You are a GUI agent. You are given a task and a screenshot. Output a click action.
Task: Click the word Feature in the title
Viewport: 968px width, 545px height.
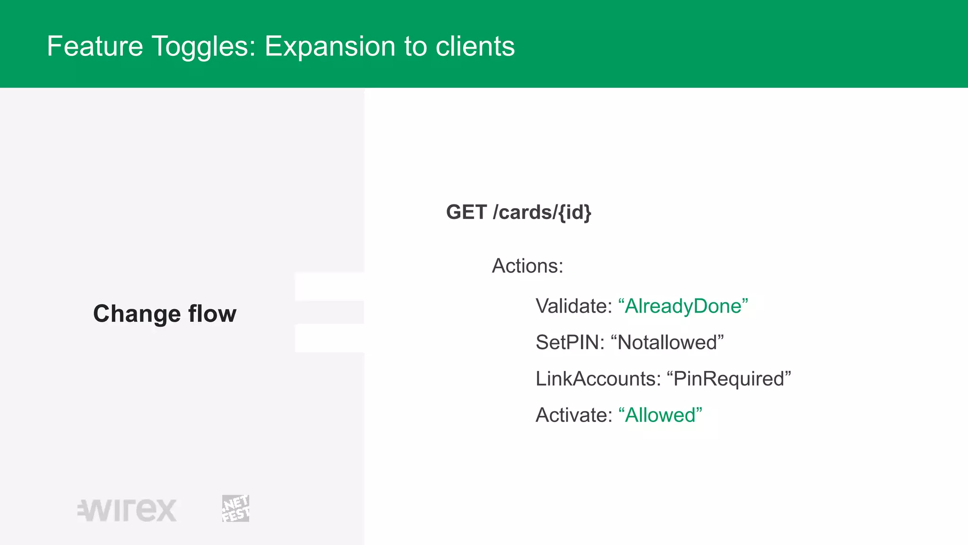95,46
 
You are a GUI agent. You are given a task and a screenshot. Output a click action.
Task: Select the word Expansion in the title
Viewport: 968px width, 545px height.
329,47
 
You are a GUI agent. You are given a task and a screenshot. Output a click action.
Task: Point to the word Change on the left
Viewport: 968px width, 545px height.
137,314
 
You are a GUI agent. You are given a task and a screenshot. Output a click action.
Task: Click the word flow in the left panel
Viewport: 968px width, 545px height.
212,314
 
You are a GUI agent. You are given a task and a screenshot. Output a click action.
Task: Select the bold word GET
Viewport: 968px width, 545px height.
466,212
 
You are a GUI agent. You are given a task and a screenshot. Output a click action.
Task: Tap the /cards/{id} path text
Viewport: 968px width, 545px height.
542,212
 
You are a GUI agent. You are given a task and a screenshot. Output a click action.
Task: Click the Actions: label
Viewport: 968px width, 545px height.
527,266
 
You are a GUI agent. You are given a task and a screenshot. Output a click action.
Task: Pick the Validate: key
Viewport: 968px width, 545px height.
574,306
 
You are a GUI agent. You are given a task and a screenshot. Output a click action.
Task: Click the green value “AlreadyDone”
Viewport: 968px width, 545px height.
683,306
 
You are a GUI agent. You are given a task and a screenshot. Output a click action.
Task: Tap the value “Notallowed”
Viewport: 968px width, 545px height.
667,343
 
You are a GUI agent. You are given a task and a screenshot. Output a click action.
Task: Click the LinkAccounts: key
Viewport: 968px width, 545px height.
598,379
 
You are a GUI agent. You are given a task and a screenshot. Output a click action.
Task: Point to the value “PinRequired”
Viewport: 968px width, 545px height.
728,379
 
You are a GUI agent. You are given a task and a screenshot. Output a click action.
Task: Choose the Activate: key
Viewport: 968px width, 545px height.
574,415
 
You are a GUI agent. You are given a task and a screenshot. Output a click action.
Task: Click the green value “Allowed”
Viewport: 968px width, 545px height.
660,415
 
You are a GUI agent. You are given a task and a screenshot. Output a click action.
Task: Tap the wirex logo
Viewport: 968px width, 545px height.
127,510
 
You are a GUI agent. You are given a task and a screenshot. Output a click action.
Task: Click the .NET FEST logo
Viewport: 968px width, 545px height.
235,509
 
